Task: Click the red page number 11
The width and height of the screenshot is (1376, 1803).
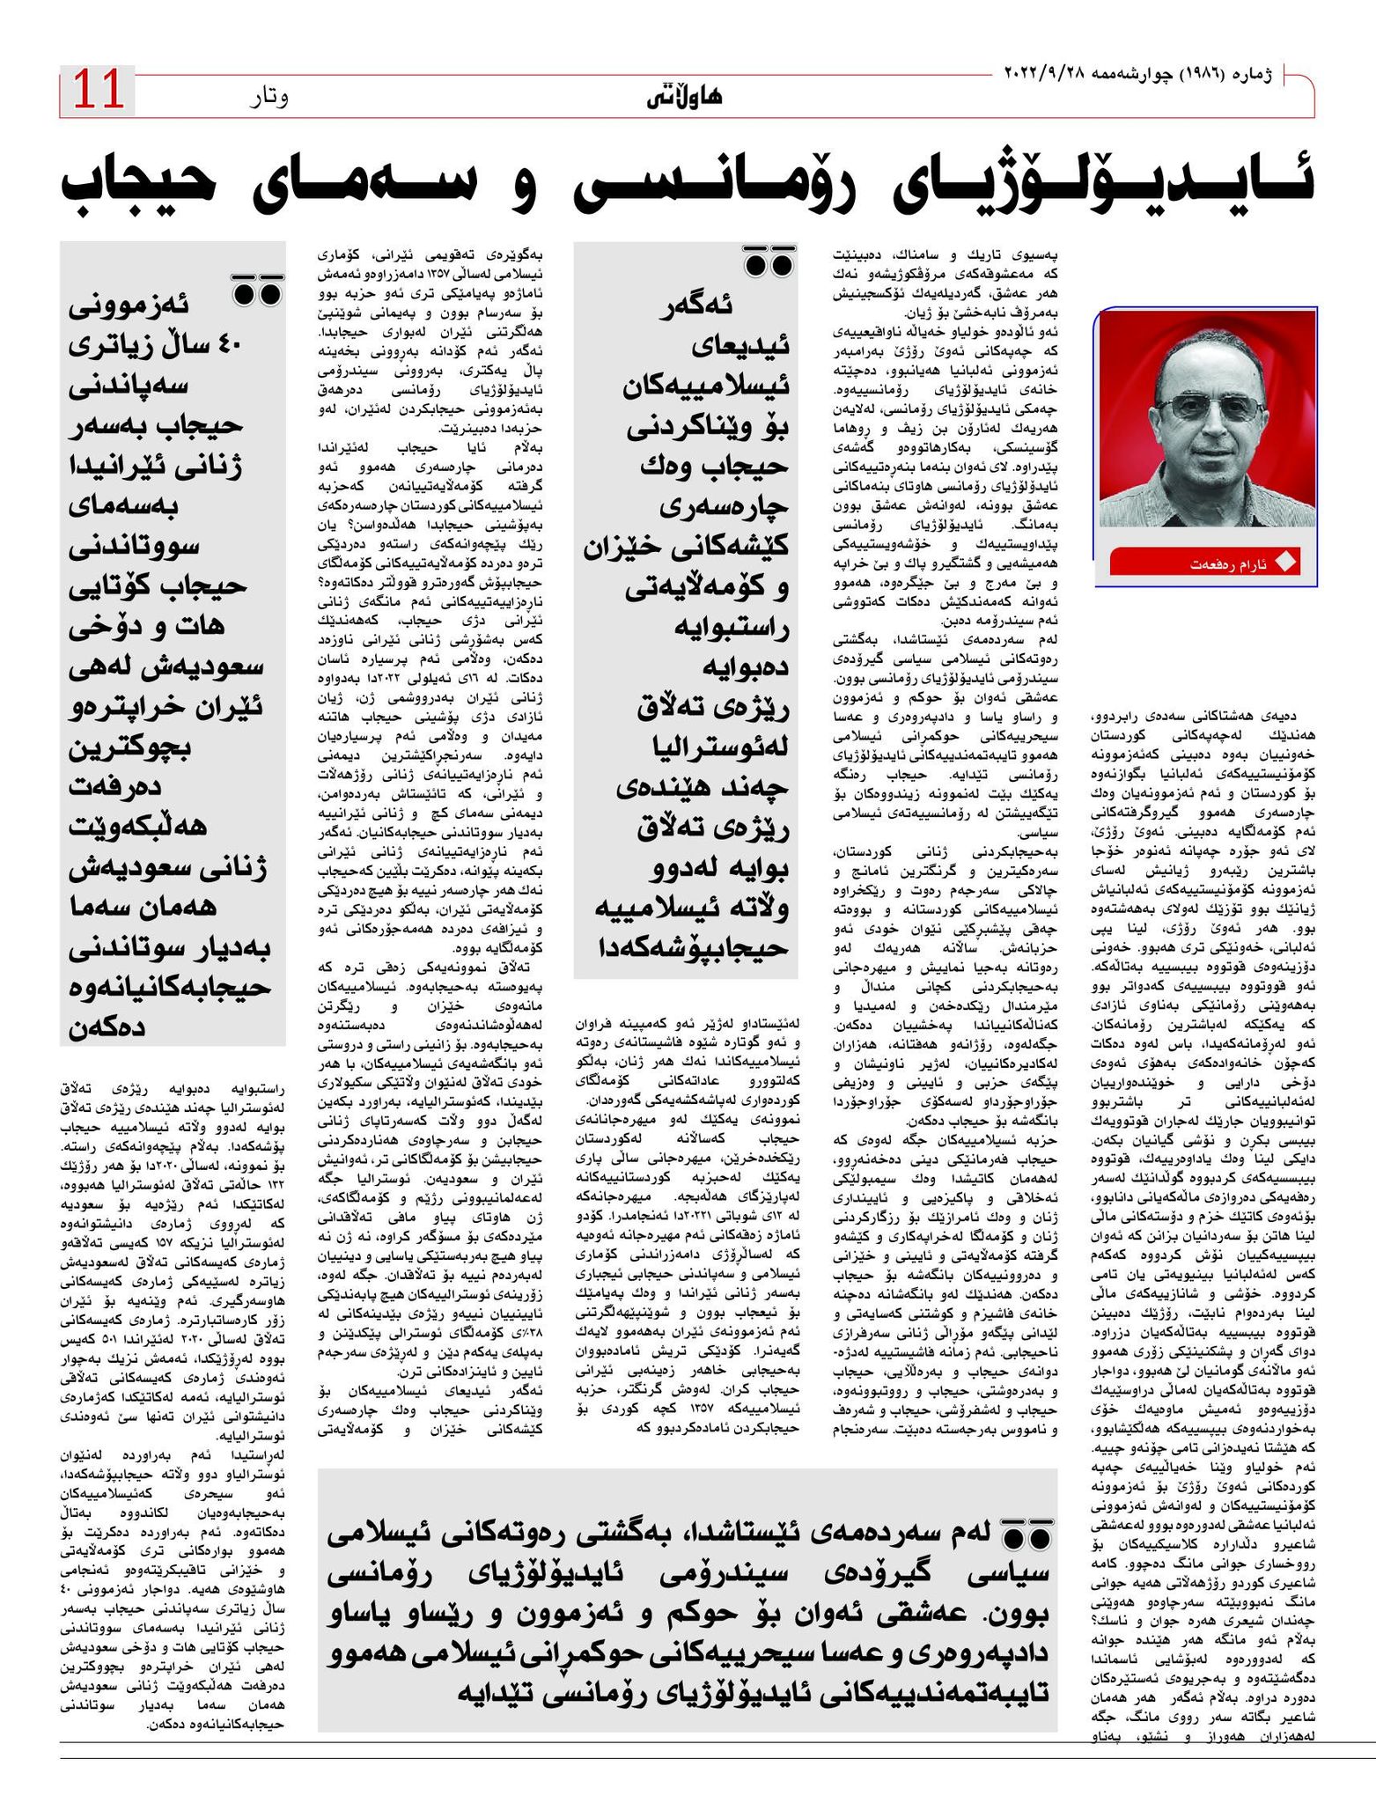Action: [98, 91]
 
